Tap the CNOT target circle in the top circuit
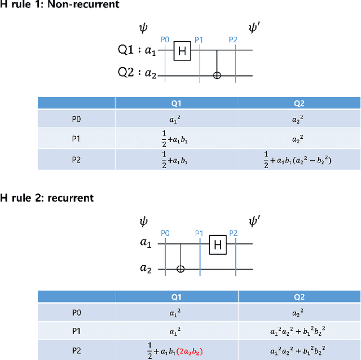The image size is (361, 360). click(x=218, y=76)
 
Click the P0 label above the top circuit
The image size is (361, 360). click(x=165, y=39)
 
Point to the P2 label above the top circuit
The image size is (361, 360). click(x=234, y=39)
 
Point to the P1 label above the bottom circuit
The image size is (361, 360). click(x=199, y=233)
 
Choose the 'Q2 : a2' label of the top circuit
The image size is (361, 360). click(x=137, y=74)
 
